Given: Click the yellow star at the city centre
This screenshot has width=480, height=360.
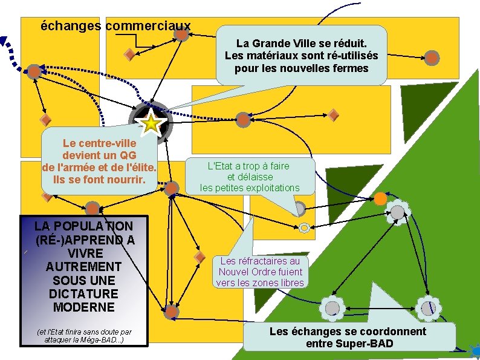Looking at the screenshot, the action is point(151,124).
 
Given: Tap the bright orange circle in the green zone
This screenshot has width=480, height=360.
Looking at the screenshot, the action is point(380,199).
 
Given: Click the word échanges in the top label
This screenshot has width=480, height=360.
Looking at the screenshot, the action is point(71,26).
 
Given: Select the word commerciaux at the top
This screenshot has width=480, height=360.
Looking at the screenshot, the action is point(148,26).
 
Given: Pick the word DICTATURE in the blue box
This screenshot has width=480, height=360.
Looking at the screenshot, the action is point(83,294).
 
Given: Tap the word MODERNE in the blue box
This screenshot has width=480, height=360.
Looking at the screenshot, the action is point(84,307).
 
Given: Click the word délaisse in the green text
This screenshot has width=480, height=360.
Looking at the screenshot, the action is point(250,177).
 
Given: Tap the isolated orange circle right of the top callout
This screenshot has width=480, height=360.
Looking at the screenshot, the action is point(432,58).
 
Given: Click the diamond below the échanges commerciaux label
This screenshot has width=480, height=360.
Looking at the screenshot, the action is point(129,55).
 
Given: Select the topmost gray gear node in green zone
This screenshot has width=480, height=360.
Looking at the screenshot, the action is point(398,212).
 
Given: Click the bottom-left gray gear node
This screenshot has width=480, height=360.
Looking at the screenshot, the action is point(332,308).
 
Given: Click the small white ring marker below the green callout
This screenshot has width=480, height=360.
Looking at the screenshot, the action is point(304,227).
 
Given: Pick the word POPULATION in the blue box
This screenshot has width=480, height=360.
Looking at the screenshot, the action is point(83,226).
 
